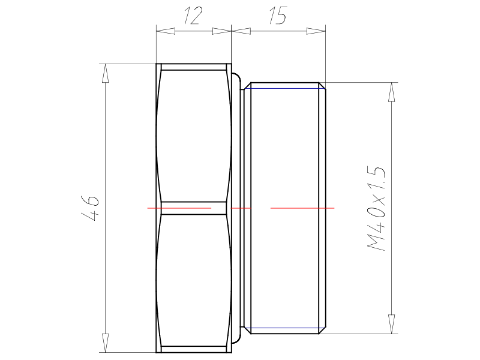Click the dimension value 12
pos(193,16)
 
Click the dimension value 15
pos(278,16)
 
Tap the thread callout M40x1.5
pos(376,209)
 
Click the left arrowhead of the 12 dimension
pos(166,31)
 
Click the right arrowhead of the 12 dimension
pos(221,31)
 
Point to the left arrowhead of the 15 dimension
pos(241,31)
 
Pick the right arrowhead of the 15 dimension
pos(316,31)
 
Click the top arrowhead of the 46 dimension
pos(106,73)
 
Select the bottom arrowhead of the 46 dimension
pos(106,343)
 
